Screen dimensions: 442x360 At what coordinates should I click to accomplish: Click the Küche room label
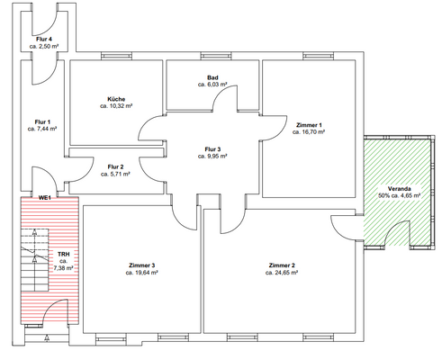(x=116, y=99)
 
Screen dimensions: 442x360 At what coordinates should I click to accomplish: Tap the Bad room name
(x=212, y=77)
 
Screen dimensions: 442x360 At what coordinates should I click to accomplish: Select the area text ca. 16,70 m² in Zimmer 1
(x=309, y=132)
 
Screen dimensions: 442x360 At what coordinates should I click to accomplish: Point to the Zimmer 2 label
(x=282, y=265)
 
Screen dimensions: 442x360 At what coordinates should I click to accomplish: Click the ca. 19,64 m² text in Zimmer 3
(x=142, y=273)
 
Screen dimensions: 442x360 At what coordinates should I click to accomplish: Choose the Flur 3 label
(x=212, y=149)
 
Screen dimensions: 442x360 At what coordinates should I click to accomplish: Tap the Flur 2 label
(x=115, y=167)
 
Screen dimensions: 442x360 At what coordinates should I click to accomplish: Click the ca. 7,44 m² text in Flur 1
(x=42, y=129)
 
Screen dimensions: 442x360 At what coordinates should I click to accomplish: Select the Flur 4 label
(x=44, y=40)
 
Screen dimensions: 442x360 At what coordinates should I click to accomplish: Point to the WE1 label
(x=44, y=198)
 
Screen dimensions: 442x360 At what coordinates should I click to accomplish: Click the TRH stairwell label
(x=63, y=255)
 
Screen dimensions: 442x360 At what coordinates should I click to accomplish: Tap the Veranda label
(x=399, y=189)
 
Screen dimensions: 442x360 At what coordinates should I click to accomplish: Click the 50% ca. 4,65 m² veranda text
(x=399, y=195)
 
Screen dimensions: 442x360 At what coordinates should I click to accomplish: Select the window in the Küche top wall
(x=116, y=56)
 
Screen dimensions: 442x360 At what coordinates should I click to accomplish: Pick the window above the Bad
(x=216, y=56)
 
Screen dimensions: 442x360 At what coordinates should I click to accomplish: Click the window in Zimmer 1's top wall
(x=318, y=56)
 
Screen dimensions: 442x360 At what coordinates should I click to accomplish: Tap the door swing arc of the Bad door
(x=221, y=91)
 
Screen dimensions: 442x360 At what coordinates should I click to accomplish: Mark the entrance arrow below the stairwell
(x=47, y=337)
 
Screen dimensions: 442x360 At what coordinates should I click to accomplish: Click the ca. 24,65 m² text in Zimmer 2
(x=282, y=273)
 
